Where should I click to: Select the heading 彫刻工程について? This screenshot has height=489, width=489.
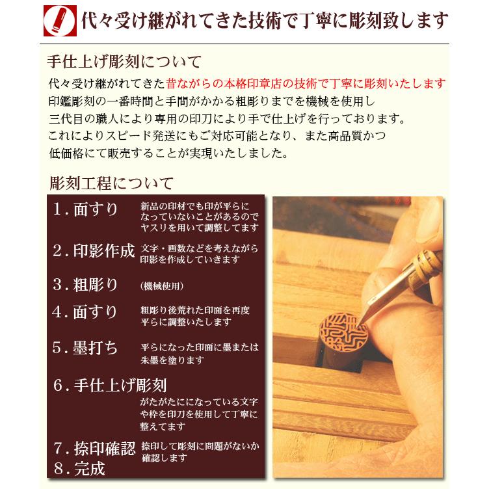pyautogui.click(x=111, y=182)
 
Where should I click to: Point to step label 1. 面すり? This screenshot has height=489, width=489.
pyautogui.click(x=86, y=209)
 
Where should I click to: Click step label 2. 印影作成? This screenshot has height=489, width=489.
pyautogui.click(x=94, y=251)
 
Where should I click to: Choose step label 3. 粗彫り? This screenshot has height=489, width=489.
pyautogui.click(x=86, y=284)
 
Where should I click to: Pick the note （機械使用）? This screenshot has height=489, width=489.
pyautogui.click(x=161, y=286)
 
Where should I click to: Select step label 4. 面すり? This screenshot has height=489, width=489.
pyautogui.click(x=86, y=312)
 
